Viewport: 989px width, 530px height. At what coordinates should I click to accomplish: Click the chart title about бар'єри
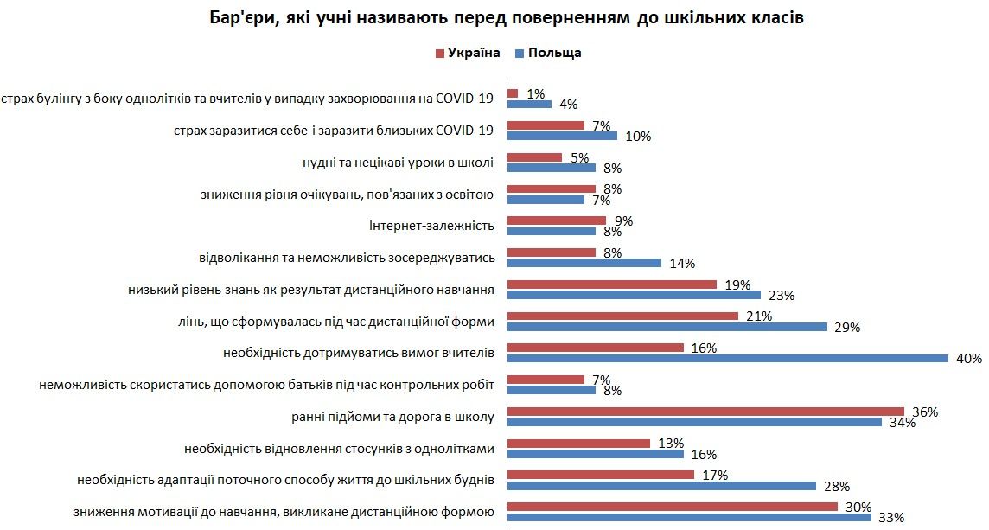(494, 17)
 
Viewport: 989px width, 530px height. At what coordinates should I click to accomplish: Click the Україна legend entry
(468, 53)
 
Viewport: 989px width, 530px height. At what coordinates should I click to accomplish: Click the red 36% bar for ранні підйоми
(705, 411)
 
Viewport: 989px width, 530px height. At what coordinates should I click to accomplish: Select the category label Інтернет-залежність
(431, 226)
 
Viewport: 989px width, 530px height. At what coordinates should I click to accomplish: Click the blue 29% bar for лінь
(667, 326)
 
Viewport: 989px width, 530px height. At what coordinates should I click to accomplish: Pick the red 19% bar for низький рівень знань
(611, 284)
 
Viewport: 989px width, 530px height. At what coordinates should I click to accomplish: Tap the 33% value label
(890, 518)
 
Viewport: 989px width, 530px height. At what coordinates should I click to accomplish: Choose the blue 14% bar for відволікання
(584, 263)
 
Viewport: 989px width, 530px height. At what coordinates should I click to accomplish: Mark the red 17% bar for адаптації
(600, 475)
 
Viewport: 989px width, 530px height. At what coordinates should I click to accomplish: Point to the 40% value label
(967, 358)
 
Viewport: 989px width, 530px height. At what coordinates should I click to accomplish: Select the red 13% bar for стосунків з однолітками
(578, 443)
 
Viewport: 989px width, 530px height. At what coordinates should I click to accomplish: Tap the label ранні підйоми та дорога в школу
(393, 417)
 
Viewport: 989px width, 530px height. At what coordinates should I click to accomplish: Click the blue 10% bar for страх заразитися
(562, 136)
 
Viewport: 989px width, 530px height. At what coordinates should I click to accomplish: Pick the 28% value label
(835, 486)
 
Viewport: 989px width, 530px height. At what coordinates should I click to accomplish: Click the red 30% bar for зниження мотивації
(672, 507)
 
